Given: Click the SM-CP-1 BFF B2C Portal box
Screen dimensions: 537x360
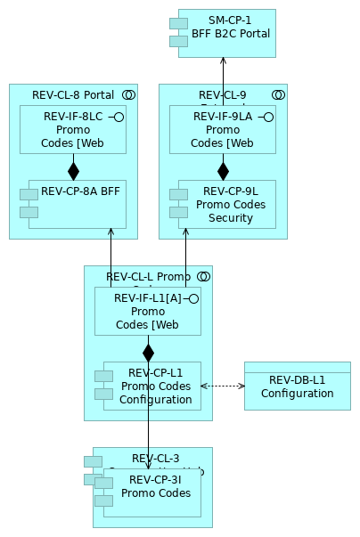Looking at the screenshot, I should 228,33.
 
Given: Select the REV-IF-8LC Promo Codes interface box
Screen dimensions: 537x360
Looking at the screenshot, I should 73,129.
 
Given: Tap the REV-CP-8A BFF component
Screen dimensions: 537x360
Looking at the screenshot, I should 78,204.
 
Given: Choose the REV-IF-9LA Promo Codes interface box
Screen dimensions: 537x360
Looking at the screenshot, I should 223,129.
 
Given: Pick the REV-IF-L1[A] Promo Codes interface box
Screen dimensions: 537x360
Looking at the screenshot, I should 148,311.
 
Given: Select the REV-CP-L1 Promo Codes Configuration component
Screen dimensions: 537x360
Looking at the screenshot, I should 152,386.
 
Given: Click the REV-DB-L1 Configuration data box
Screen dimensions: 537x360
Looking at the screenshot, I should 298,386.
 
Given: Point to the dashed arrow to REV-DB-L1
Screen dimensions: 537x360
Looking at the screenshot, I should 223,386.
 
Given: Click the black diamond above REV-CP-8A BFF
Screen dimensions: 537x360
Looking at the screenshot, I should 73,170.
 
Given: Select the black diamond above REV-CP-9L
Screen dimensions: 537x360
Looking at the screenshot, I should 223,170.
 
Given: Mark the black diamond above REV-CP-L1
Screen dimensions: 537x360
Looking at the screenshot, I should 148,352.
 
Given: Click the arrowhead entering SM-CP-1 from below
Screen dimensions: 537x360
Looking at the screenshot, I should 223,61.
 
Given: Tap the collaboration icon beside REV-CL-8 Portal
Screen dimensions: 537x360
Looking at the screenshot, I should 128,94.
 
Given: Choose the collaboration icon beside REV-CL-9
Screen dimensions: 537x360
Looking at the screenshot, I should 278,94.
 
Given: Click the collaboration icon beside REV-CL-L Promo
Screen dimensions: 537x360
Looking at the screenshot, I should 203,276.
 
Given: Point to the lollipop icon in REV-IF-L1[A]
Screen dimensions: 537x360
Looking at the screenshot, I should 192,297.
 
